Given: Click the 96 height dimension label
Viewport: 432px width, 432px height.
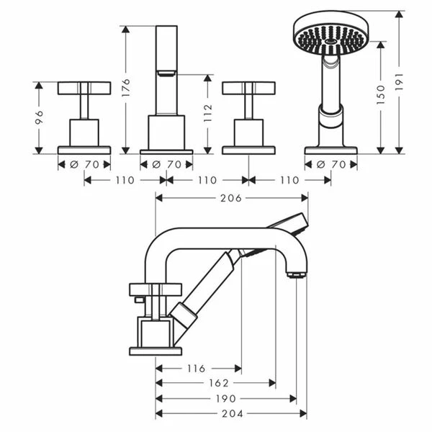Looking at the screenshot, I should (40, 117).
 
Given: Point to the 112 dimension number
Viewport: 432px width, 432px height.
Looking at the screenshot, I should (209, 113).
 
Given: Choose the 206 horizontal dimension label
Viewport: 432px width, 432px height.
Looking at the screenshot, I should (231, 197).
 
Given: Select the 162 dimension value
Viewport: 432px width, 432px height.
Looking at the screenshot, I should (219, 383).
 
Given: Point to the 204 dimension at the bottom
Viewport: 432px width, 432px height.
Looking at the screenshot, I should (231, 413).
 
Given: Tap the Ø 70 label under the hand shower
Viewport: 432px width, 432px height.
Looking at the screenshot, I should (331, 164).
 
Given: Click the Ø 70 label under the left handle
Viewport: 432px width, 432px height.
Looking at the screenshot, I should (84, 164).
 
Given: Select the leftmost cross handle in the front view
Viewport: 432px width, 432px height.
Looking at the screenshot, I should (84, 88).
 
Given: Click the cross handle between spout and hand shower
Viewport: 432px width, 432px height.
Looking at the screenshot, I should (248, 88).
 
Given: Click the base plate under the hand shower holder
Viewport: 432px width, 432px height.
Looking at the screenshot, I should (330, 150).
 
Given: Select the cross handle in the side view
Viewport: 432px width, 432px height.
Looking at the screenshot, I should (150, 290).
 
